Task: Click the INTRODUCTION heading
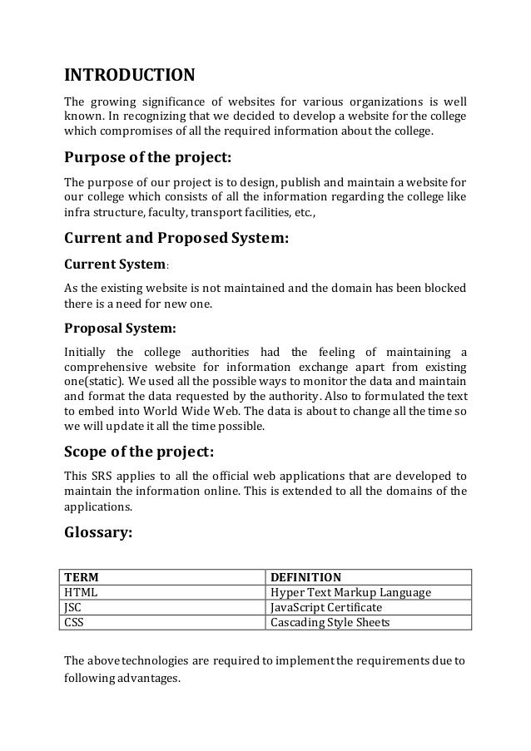click(130, 77)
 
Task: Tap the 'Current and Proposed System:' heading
click(176, 240)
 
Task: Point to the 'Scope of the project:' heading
click(139, 452)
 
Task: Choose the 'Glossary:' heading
click(98, 533)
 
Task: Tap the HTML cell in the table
click(80, 592)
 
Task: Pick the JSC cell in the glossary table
click(74, 607)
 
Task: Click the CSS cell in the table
click(74, 622)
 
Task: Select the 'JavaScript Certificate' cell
click(327, 607)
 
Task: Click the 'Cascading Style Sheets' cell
click(331, 622)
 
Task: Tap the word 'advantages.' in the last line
click(150, 679)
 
